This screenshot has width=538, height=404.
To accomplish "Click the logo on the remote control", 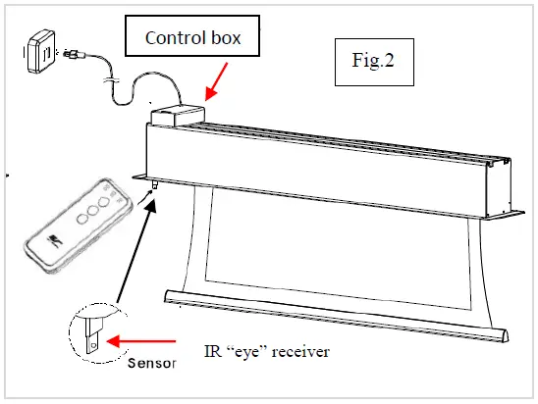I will point(57,239).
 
